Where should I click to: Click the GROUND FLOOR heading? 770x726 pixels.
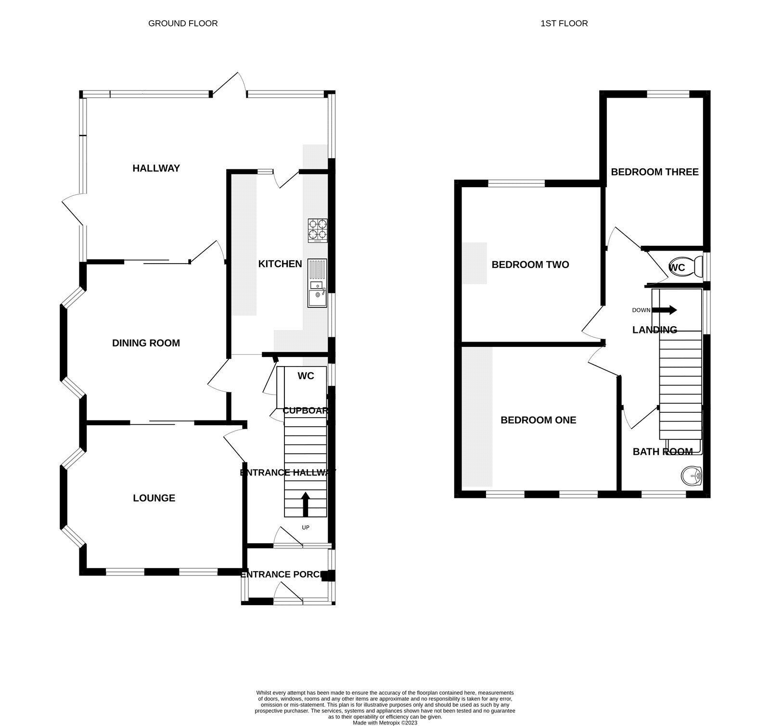coord(183,23)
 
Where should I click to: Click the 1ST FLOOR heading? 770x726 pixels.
coord(564,23)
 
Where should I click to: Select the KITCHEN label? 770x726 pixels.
coord(280,264)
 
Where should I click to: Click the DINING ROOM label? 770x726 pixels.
coord(146,343)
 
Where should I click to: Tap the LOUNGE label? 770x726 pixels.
coord(154,498)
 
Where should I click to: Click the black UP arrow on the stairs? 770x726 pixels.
coord(306,503)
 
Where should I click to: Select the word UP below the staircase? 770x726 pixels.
coord(306,528)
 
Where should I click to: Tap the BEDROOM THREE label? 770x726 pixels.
coord(654,172)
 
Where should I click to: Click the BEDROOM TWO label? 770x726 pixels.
coord(530,265)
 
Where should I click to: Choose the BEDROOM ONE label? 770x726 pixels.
coord(538,420)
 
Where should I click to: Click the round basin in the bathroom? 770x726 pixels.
coord(692,476)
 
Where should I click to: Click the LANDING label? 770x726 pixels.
coord(654,330)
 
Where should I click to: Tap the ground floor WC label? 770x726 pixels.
coord(306,376)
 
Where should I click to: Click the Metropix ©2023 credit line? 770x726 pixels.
coord(385,723)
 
